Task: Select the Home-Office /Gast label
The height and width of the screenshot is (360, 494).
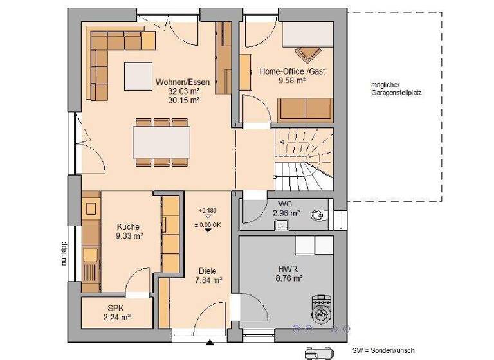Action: (292, 72)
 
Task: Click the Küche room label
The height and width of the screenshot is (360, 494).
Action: (128, 226)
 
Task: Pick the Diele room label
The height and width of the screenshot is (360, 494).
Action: (208, 271)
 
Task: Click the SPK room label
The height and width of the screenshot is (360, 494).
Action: (116, 308)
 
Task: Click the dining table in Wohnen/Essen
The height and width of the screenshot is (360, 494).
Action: (161, 141)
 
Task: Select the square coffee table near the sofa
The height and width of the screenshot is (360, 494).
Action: (138, 76)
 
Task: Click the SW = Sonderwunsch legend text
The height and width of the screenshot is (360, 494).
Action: (383, 351)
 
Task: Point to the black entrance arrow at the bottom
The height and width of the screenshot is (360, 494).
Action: (209, 341)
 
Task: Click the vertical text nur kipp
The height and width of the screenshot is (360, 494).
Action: (64, 253)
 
